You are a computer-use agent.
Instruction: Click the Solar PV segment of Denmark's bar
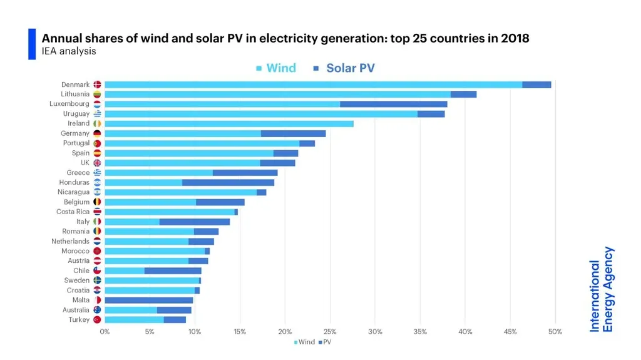pos(536,85)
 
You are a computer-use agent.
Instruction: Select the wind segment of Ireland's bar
pos(228,124)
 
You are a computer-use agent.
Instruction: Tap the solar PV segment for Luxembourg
pos(393,104)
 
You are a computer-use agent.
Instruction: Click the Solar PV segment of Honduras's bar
pos(228,183)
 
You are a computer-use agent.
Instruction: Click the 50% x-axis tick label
pos(555,332)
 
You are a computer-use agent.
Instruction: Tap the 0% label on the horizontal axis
pos(105,332)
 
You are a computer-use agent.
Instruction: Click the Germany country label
pos(75,133)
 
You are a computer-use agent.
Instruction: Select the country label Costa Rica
pos(73,212)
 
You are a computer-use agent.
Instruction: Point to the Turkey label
pos(79,320)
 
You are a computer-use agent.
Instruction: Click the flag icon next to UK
pos(97,163)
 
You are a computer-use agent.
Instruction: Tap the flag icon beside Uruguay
pos(97,114)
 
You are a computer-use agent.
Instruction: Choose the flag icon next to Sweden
pos(97,280)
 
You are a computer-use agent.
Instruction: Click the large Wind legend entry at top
pos(276,68)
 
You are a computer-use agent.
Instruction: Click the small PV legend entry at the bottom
pos(325,342)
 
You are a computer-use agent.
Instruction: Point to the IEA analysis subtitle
pos(69,51)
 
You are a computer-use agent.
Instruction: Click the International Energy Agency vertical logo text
pos(602,289)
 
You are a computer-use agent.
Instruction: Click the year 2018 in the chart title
pos(515,38)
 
